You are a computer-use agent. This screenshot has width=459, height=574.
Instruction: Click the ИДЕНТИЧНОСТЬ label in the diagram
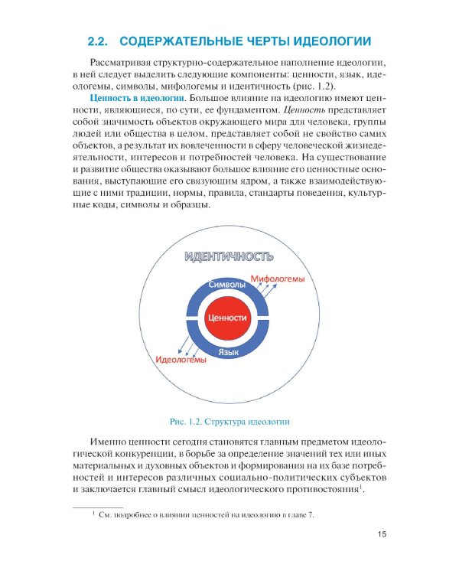227,256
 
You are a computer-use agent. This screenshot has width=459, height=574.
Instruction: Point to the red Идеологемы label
181,359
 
